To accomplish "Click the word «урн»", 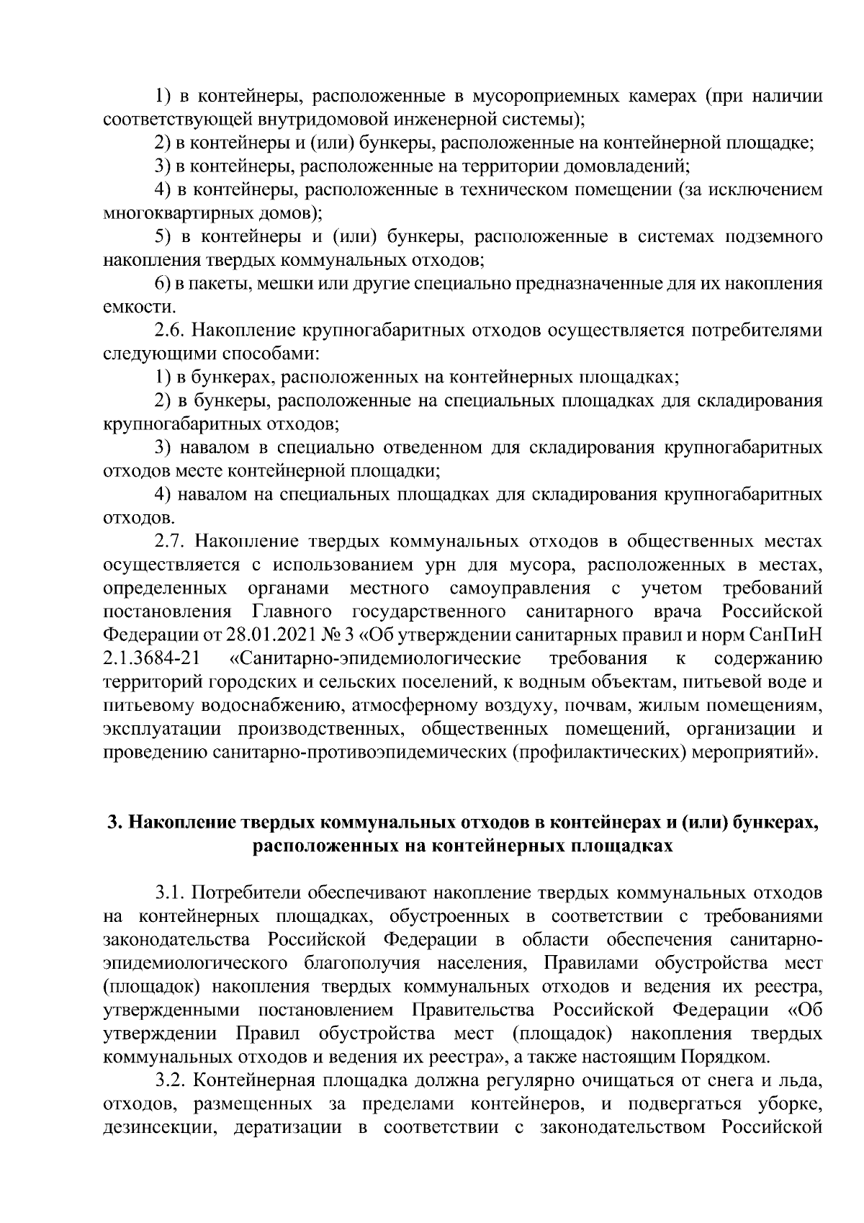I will click(402, 565).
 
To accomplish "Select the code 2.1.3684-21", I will click(152, 658).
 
